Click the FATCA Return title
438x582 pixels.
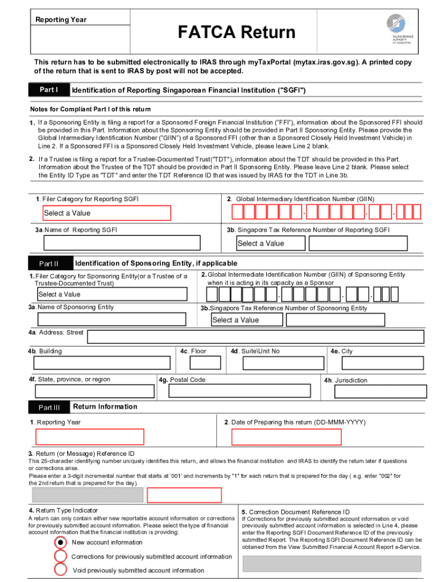tap(236, 32)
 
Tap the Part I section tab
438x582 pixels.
tap(49, 90)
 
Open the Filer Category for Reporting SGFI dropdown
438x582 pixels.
tap(107, 213)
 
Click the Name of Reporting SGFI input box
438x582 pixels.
tap(122, 243)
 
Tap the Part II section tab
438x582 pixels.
tap(49, 264)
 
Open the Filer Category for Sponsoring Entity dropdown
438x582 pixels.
tap(111, 294)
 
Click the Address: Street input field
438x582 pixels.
tap(255, 336)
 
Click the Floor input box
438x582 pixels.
tap(205, 363)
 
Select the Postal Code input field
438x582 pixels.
tap(241, 391)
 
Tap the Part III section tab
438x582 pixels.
tap(49, 407)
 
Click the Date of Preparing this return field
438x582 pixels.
tap(287, 437)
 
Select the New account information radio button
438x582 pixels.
tap(60, 542)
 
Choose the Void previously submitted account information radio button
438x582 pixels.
tap(60, 570)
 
